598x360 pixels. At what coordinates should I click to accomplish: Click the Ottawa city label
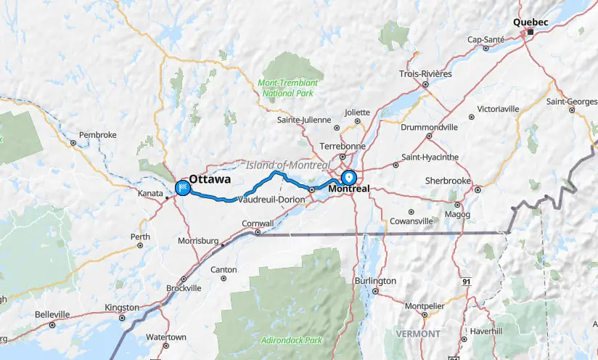click(210, 179)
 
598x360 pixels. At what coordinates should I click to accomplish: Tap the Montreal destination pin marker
click(349, 176)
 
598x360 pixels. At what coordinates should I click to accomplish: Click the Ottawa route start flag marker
click(182, 189)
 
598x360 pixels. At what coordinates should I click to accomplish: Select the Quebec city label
click(530, 22)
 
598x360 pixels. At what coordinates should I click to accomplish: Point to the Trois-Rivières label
click(425, 74)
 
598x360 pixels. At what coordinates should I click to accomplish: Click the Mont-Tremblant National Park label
click(288, 88)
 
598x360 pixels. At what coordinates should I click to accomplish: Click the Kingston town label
click(121, 308)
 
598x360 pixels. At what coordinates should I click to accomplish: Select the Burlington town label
click(375, 281)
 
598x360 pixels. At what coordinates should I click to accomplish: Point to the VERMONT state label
click(418, 334)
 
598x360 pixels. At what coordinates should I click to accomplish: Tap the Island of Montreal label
click(282, 165)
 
